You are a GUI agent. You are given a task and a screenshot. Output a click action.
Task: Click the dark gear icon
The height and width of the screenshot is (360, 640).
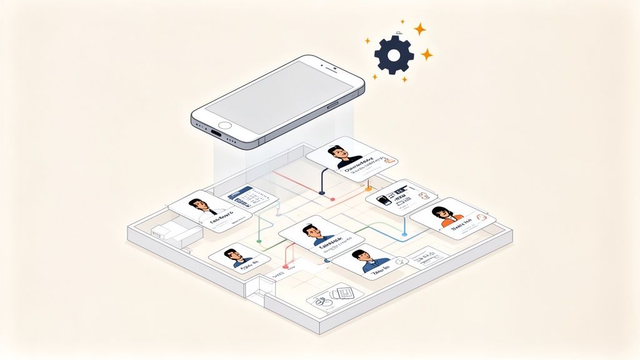click(x=394, y=55)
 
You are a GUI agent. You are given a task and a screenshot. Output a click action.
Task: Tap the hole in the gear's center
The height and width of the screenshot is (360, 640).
click(x=394, y=55)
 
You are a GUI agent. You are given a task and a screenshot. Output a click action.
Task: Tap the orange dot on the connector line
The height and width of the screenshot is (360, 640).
click(x=369, y=187)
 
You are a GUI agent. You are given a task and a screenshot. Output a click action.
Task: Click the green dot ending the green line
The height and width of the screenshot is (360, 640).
click(x=259, y=241)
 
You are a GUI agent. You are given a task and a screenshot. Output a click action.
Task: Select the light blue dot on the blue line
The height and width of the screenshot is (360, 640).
click(x=405, y=234)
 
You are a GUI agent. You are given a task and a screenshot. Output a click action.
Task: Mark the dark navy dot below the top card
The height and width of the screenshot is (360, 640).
click(x=322, y=193)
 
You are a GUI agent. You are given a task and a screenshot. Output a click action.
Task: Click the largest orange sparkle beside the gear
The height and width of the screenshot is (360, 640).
click(x=420, y=29)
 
